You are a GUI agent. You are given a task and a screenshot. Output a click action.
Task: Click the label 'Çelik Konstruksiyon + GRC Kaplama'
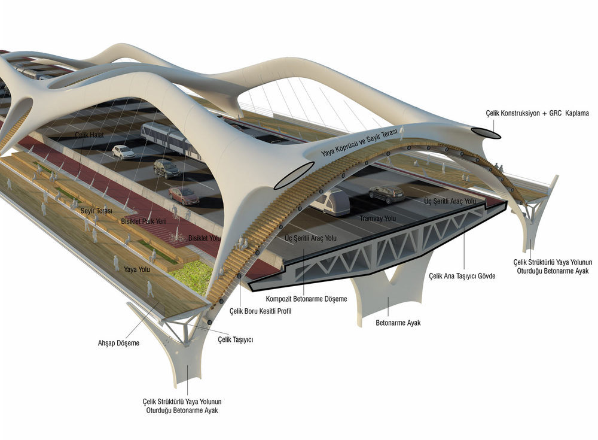click(537, 113)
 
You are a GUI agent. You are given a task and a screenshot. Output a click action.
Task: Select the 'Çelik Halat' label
click(89, 135)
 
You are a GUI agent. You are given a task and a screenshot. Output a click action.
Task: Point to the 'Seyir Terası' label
click(96, 211)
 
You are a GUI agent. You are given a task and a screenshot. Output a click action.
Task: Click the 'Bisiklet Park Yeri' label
click(144, 221)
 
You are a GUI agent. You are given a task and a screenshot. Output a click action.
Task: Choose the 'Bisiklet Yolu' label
click(205, 238)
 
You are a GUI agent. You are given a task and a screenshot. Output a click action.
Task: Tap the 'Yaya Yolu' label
click(137, 269)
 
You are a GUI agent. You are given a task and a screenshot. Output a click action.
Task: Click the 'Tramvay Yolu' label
click(377, 219)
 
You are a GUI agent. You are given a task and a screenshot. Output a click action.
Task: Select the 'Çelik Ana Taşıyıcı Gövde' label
click(462, 276)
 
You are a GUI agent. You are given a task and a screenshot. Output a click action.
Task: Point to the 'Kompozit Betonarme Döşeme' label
click(306, 299)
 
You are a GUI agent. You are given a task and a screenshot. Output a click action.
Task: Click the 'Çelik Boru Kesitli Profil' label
click(261, 311)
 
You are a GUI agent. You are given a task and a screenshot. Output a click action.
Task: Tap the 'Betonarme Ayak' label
click(398, 323)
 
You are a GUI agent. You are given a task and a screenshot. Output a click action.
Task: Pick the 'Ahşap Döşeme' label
click(118, 343)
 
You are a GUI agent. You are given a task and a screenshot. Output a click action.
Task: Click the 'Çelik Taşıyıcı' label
click(235, 339)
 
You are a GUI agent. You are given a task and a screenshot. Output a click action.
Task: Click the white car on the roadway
click(123, 152)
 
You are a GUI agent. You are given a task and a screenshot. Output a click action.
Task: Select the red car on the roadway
click(184, 195)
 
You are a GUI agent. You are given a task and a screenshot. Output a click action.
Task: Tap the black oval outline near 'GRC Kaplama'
click(486, 133)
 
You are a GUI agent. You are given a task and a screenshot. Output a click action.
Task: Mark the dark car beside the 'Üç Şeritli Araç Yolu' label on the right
click(386, 193)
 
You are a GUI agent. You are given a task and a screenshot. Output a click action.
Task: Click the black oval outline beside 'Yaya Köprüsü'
click(294, 175)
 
